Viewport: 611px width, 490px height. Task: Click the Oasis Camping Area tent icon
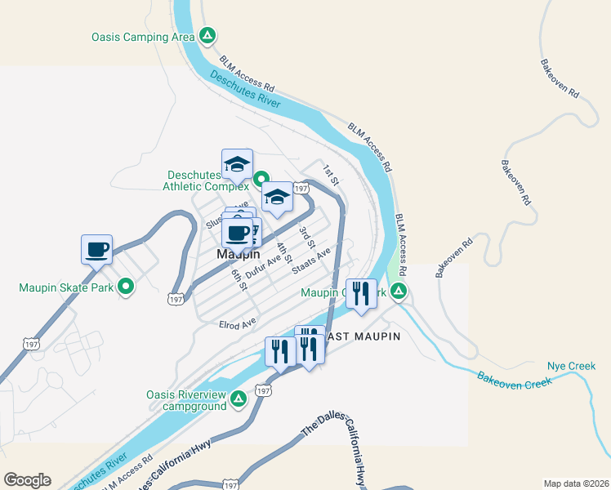point(208,36)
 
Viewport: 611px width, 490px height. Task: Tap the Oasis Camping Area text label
point(143,36)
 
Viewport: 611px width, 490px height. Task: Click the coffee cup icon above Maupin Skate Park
point(96,248)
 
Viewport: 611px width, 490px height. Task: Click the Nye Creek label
point(571,366)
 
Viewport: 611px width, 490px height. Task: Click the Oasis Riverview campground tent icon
point(238,399)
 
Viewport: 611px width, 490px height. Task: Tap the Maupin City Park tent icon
point(398,291)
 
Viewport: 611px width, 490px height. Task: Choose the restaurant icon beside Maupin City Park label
point(360,293)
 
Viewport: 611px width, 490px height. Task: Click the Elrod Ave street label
point(237,325)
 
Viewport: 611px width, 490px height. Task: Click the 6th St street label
point(238,280)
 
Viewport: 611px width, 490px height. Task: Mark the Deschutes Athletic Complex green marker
point(261,179)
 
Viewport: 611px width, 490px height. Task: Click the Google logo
point(27,480)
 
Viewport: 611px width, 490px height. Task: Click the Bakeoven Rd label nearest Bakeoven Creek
point(454,257)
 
